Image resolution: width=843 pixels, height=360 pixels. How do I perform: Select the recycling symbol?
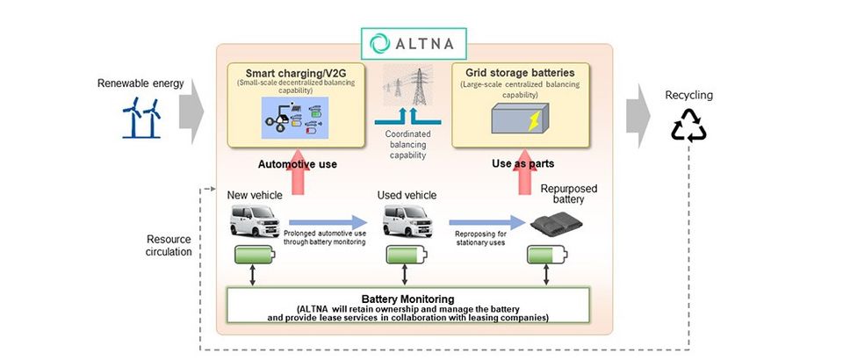coord(688,125)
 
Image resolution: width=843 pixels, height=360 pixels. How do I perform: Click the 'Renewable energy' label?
coord(141,83)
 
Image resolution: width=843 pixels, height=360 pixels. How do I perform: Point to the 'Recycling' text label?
coord(688,95)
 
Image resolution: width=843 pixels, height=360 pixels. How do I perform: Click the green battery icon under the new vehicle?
coord(256,256)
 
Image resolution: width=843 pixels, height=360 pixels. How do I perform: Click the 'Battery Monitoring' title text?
coord(399,298)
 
